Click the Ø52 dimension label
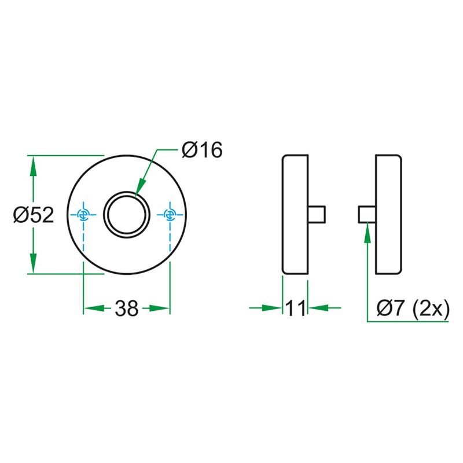click(x=34, y=215)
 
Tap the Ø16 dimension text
click(x=201, y=150)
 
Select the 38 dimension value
click(x=126, y=308)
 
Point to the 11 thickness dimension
click(x=295, y=308)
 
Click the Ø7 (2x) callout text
click(x=412, y=307)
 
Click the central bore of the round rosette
click(x=127, y=214)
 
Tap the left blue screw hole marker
click(x=84, y=215)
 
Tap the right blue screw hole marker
click(x=170, y=215)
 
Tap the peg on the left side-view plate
click(x=317, y=214)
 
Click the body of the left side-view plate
click(x=295, y=214)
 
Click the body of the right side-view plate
click(x=388, y=214)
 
